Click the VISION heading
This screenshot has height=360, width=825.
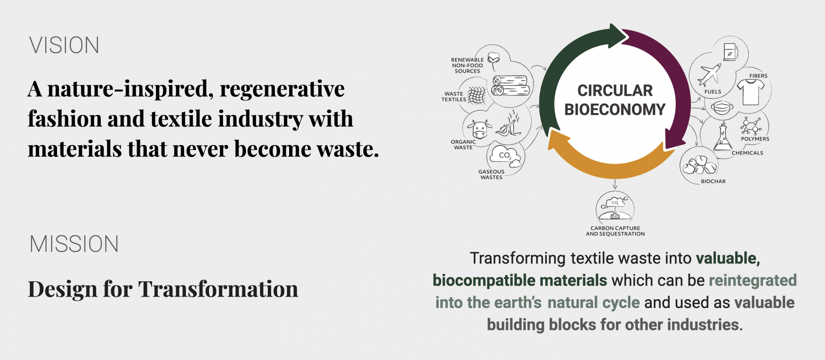point(64,45)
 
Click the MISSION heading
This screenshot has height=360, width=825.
point(74,244)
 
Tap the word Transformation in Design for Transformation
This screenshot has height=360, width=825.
point(218,289)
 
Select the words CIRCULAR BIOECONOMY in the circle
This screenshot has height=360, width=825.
point(615,100)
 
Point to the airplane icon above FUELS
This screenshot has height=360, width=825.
point(710,75)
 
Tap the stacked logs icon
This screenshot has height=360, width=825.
point(510,85)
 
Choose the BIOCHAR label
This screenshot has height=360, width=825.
point(713,181)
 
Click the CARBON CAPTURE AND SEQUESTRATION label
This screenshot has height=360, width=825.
point(615,231)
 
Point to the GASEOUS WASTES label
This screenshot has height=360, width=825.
point(491,174)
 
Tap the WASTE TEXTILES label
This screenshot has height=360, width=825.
point(454,97)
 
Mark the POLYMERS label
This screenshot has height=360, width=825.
point(755,139)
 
